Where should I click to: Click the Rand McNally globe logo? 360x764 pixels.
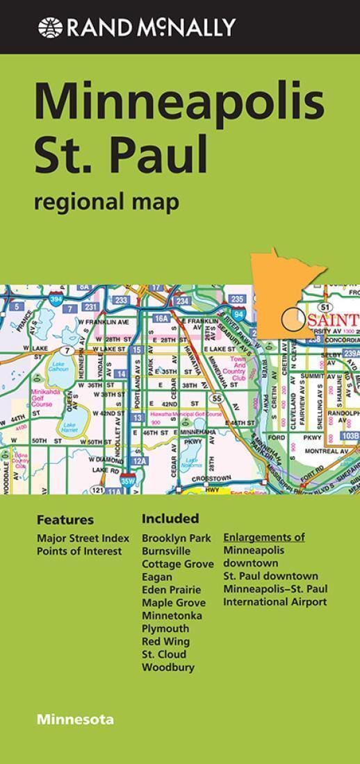pos(51,28)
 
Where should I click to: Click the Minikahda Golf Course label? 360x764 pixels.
pos(42,397)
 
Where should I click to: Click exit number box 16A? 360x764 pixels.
pos(161,318)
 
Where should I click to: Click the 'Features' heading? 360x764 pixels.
pos(65,520)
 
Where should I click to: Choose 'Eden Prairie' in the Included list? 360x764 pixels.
pos(171,590)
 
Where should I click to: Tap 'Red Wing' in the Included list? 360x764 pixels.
pos(165,641)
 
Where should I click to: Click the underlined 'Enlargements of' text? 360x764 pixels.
pos(264,538)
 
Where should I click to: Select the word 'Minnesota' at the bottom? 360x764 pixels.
pos(76,719)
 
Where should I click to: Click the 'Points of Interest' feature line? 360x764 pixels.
pos(79,551)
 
